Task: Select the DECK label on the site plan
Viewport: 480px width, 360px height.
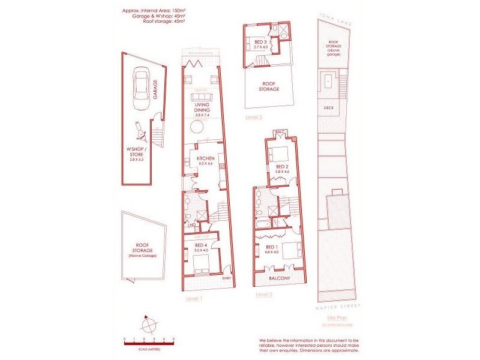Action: coord(328,109)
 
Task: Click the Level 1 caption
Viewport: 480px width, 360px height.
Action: coord(194,298)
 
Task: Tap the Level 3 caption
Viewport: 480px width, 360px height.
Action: coord(254,117)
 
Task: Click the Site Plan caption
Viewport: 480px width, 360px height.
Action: coord(335,318)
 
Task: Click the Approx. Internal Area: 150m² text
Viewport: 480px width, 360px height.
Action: coord(152,10)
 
